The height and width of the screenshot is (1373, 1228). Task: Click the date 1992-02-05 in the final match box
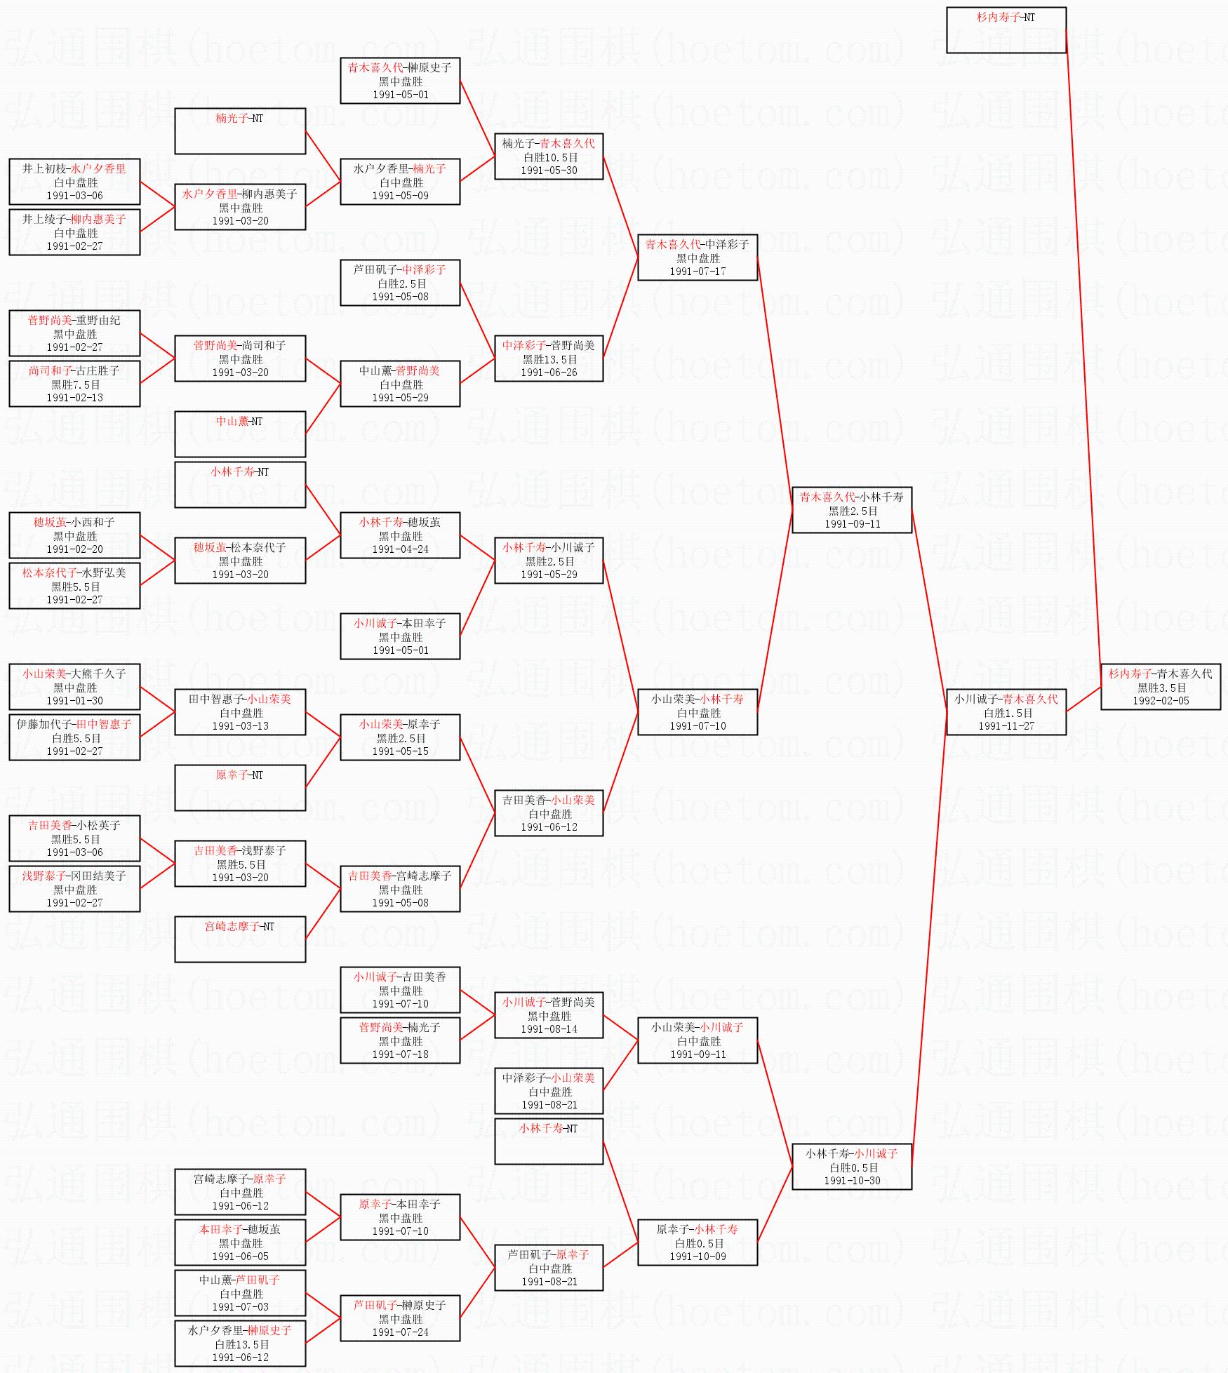[x=1161, y=701]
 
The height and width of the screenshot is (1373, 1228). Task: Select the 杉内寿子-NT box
[x=1006, y=29]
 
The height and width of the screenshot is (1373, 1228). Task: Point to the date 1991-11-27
[x=1006, y=726]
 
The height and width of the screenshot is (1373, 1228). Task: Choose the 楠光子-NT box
[x=240, y=130]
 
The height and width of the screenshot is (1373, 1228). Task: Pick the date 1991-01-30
[x=74, y=701]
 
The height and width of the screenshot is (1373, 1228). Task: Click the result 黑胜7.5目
[x=75, y=384]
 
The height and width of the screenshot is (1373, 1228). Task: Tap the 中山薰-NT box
[x=240, y=434]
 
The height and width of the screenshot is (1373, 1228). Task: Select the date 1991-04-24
[x=400, y=549]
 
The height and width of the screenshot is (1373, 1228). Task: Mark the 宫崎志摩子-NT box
[x=240, y=939]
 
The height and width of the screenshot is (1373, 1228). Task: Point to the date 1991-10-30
[x=852, y=1181]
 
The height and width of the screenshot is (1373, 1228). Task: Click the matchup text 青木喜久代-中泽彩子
[x=697, y=244]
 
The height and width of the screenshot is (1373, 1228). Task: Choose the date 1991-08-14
[x=549, y=1029]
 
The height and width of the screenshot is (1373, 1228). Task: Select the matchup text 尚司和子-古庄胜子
[x=74, y=370]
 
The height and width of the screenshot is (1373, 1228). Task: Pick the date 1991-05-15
[x=400, y=751]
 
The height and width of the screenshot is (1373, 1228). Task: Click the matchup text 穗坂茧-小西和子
[x=74, y=522]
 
